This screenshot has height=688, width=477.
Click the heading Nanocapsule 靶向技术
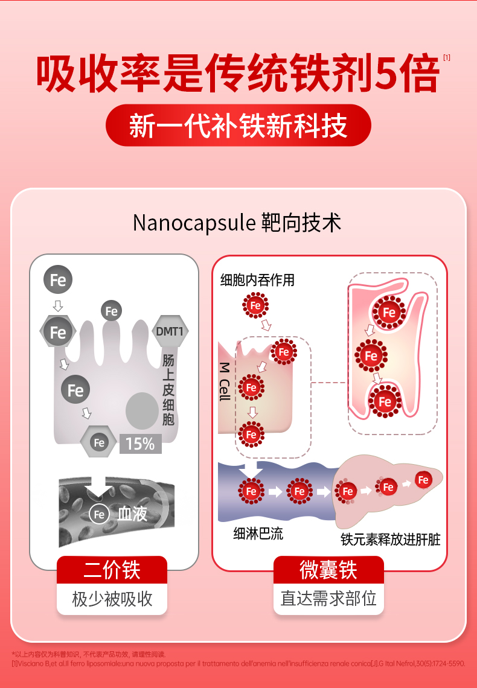(237, 223)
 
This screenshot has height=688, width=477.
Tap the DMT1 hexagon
(172, 331)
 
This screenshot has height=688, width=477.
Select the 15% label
(140, 444)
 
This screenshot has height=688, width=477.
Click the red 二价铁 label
(112, 570)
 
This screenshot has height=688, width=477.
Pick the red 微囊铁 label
(328, 570)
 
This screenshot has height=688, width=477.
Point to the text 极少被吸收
(112, 599)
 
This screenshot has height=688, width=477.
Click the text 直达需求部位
(328, 599)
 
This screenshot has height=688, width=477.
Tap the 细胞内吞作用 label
(257, 280)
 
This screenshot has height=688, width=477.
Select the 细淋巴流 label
(258, 534)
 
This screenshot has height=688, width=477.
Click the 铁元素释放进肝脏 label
(390, 539)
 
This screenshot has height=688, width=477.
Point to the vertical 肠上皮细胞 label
(168, 389)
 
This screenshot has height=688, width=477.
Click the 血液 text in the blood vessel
(132, 514)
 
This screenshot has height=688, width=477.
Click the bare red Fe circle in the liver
(424, 480)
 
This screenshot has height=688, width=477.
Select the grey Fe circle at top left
(58, 280)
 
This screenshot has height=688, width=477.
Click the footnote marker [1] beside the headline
(447, 59)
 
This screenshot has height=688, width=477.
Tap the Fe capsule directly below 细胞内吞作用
(255, 306)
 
